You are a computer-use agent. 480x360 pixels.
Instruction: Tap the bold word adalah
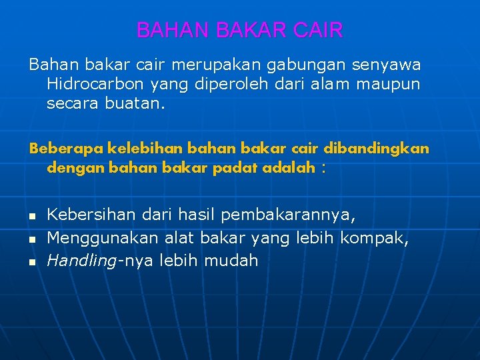(289, 168)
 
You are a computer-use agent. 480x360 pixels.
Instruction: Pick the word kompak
(374, 238)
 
